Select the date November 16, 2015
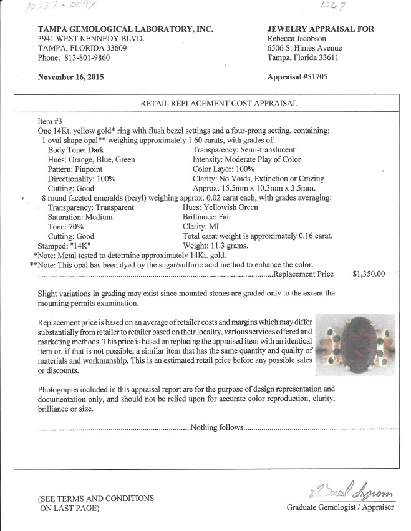point(70,77)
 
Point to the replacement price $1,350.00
point(369,274)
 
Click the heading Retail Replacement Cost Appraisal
point(218,104)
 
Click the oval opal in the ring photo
point(354,345)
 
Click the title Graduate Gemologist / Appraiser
point(340,507)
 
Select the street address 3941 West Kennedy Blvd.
point(91,39)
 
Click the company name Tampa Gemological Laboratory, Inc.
point(125,29)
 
